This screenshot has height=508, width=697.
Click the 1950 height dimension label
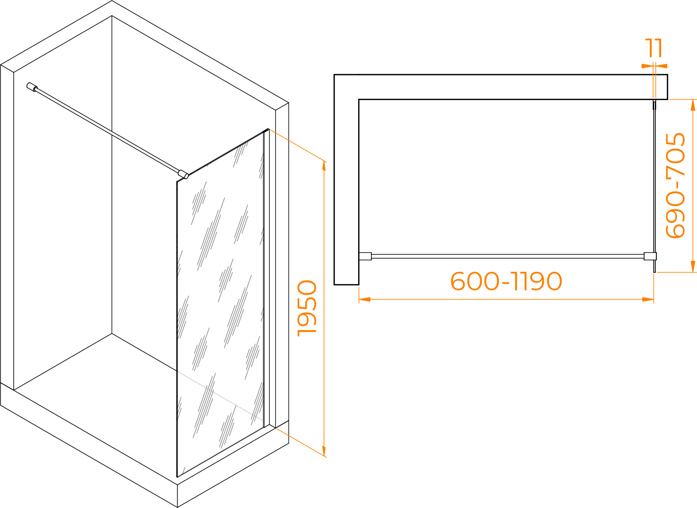pyautogui.click(x=307, y=308)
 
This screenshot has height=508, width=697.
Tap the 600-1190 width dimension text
pyautogui.click(x=506, y=281)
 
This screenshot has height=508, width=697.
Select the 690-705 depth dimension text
pyautogui.click(x=676, y=185)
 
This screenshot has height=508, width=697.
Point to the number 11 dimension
pyautogui.click(x=654, y=48)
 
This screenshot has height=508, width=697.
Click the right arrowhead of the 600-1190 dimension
pyautogui.click(x=648, y=299)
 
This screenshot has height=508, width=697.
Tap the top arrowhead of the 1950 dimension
pyautogui.click(x=324, y=167)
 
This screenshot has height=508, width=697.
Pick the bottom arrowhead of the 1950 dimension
pyautogui.click(x=324, y=450)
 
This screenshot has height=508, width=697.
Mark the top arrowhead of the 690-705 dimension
pyautogui.click(x=693, y=105)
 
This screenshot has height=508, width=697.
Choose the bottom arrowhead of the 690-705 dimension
pyautogui.click(x=693, y=266)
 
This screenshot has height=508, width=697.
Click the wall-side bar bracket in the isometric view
pyautogui.click(x=32, y=87)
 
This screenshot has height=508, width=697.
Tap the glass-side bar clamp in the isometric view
pyautogui.click(x=183, y=174)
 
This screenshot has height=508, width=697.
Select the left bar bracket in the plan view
pyautogui.click(x=365, y=256)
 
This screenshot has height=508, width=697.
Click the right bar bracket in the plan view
pyautogui.click(x=650, y=256)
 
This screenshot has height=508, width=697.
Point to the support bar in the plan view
pyautogui.click(x=508, y=256)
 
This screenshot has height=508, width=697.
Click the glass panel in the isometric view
pyautogui.click(x=220, y=303)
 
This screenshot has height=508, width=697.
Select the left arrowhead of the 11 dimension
pyautogui.click(x=647, y=66)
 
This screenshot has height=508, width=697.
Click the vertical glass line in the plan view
pyautogui.click(x=654, y=186)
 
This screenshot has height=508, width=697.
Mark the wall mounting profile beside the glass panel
pyautogui.click(x=267, y=278)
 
